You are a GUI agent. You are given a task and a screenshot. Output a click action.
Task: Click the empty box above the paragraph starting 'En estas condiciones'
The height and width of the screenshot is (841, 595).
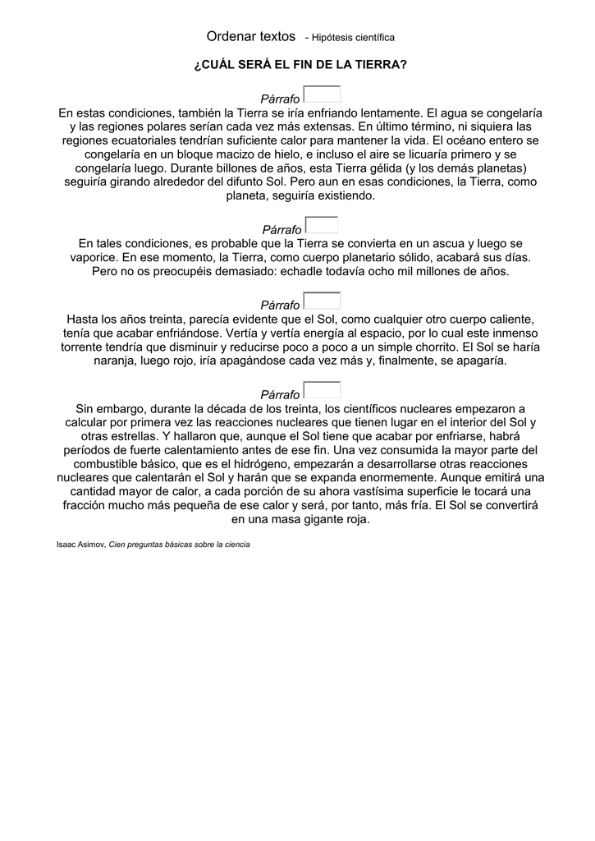pyautogui.click(x=322, y=95)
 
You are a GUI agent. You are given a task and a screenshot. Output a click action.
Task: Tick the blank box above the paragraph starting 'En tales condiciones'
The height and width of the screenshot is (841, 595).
pyautogui.click(x=322, y=225)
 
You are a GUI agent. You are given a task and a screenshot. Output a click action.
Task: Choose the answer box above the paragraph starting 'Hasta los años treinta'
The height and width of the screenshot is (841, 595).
pyautogui.click(x=322, y=301)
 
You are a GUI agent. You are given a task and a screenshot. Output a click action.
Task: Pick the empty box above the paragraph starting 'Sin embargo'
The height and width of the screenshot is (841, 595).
pyautogui.click(x=322, y=390)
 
